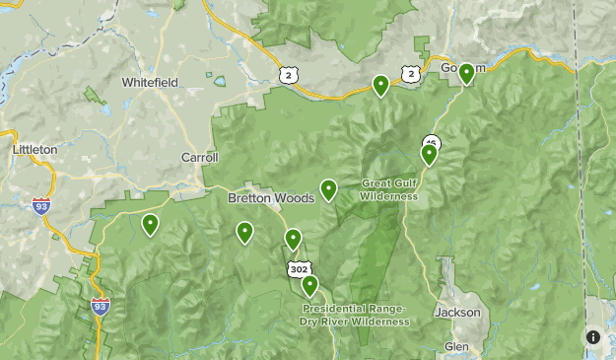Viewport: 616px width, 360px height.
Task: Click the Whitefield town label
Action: coord(150,83)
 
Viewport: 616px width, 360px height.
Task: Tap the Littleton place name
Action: coord(35,149)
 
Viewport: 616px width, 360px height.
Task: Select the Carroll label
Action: coord(199,157)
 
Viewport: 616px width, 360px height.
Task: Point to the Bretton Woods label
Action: coord(271,197)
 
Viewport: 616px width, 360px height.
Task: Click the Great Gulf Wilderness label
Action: coord(389,189)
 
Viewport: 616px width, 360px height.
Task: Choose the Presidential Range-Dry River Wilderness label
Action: coord(355,315)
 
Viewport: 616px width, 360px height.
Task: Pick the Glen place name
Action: coord(456,347)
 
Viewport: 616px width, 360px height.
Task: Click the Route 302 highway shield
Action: coord(297,268)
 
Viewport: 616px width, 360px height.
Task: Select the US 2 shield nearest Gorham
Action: coord(411,73)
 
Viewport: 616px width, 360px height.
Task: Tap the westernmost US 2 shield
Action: coord(287,75)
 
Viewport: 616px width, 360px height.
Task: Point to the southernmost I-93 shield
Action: coord(100,307)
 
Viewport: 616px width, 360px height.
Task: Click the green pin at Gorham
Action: coord(466,73)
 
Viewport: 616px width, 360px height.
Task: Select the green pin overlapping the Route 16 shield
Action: coord(429,153)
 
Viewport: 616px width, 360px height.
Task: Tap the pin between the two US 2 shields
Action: coord(380,85)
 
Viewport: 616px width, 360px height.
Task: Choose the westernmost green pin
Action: coord(150,224)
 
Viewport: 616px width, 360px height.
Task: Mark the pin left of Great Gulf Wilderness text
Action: coord(328,188)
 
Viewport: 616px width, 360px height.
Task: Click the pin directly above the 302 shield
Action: coord(293,238)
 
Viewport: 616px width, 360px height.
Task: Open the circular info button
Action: coord(593,337)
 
